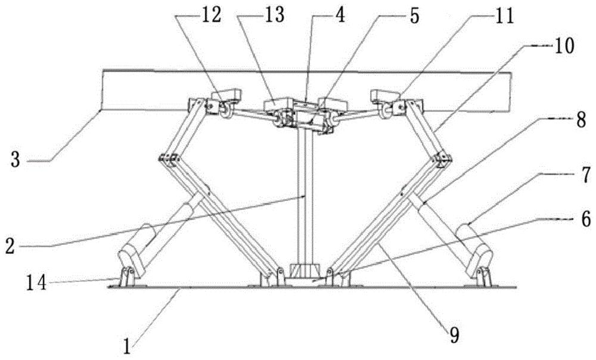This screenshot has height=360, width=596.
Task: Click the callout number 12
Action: [212, 16]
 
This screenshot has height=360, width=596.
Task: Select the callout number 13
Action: [274, 16]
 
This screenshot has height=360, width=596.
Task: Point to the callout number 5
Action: [413, 16]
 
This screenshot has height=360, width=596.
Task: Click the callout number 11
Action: [505, 16]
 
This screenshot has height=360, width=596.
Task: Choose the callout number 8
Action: [581, 122]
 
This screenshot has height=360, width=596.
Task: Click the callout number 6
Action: [586, 219]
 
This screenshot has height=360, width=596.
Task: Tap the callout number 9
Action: [454, 335]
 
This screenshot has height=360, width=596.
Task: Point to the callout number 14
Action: [36, 283]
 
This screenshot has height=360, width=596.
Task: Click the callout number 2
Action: [11, 246]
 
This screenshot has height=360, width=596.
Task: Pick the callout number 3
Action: [15, 160]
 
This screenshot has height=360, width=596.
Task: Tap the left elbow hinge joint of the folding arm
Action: [169, 159]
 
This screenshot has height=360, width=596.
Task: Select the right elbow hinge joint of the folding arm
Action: [442, 159]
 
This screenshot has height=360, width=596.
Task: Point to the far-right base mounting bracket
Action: [482, 277]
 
